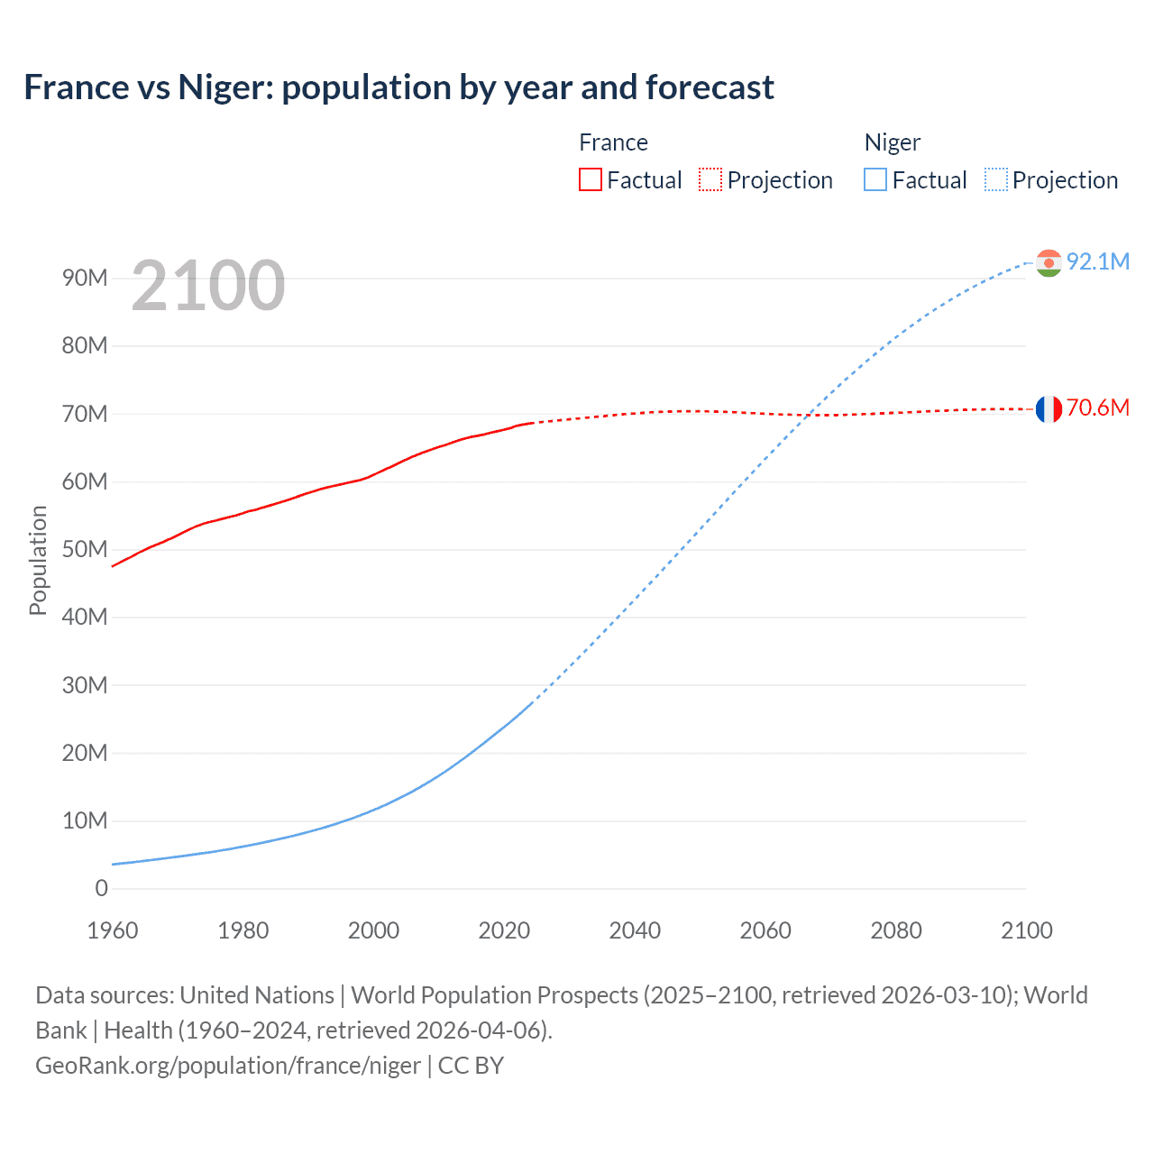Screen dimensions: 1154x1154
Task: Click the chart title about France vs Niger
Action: click(x=398, y=87)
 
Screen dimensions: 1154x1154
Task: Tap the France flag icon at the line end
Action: click(x=1049, y=408)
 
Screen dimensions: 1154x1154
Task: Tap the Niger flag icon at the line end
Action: click(x=1049, y=262)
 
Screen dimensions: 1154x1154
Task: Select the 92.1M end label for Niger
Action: click(x=1098, y=261)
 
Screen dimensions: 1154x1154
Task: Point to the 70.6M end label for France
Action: click(x=1098, y=408)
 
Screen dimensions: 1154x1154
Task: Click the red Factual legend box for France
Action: click(x=591, y=180)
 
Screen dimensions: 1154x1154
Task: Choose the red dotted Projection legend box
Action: click(x=710, y=180)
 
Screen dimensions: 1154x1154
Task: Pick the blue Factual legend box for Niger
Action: click(x=875, y=180)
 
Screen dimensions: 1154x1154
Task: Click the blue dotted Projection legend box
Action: click(x=996, y=180)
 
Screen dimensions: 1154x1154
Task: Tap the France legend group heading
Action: click(x=613, y=142)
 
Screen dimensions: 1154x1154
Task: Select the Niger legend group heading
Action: click(x=893, y=142)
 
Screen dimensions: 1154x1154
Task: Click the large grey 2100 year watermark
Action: click(x=208, y=286)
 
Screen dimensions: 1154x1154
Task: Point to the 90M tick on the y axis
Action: click(x=85, y=278)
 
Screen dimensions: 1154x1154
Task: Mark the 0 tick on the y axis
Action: click(x=101, y=888)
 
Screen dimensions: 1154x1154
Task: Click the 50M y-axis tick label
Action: click(x=85, y=549)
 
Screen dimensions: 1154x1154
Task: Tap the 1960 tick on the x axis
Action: click(x=113, y=930)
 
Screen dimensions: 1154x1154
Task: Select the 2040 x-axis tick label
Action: click(x=635, y=930)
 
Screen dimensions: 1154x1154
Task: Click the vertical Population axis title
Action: click(x=38, y=560)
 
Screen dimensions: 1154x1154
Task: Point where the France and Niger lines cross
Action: click(x=810, y=415)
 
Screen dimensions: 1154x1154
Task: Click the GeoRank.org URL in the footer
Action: click(x=228, y=1066)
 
